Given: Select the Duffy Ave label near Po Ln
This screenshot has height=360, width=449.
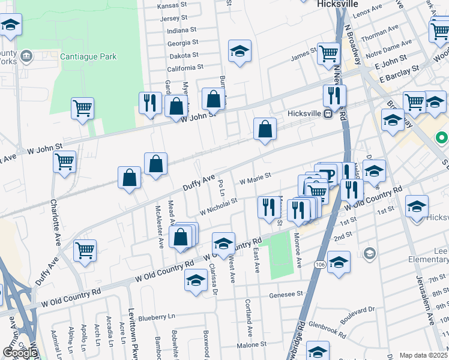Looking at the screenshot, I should (199, 183).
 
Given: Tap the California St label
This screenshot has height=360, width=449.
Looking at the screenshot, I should (185, 68).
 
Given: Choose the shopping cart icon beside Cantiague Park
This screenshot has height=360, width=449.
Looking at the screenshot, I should (83, 109).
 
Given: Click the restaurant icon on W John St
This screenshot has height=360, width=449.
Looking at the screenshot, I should (150, 103).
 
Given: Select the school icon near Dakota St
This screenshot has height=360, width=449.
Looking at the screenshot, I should (240, 51).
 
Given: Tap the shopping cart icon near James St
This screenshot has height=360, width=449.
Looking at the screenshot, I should (328, 53).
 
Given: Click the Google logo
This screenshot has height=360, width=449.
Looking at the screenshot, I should (20, 353).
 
